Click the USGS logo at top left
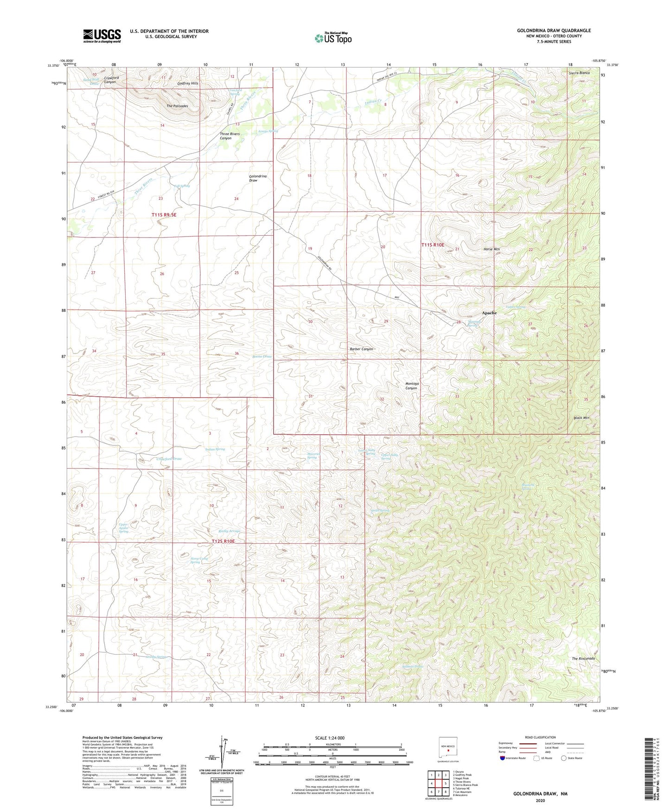click(102, 36)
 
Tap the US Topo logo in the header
click(333, 38)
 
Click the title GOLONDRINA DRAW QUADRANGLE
click(554, 31)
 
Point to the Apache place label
click(489, 313)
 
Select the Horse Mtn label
click(491, 249)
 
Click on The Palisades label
click(177, 106)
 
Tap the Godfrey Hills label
click(188, 84)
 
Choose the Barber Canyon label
click(361, 349)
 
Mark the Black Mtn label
click(581, 418)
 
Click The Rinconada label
click(583, 659)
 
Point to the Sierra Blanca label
click(579, 73)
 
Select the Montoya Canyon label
click(411, 386)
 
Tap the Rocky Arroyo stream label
click(229, 531)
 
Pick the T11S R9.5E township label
click(164, 215)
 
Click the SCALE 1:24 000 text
click(330, 738)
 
